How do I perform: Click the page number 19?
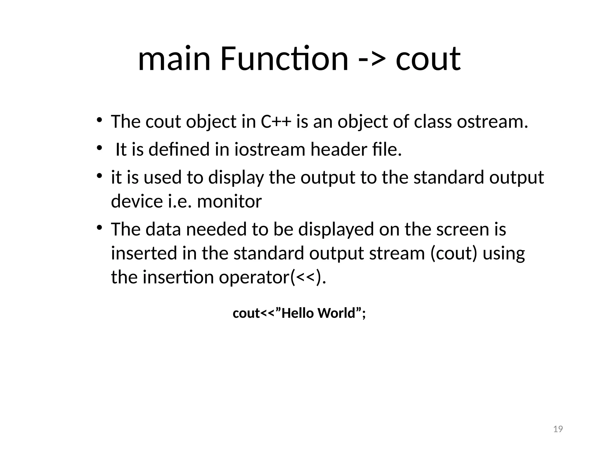tap(558, 429)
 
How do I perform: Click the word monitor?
tap(229, 201)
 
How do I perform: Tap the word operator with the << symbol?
tap(272, 277)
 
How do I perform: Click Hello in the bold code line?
tap(298, 313)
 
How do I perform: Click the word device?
tap(137, 201)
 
